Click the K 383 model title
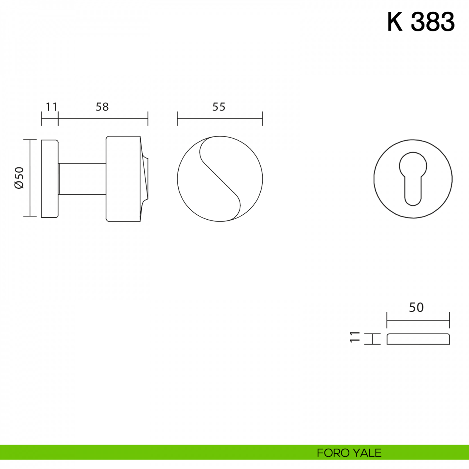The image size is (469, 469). point(421,22)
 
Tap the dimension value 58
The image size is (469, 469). point(102,107)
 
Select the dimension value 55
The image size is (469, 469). point(219,107)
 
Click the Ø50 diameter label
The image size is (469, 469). point(19,178)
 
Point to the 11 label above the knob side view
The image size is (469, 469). point(51,107)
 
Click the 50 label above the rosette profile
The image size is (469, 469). point(416,308)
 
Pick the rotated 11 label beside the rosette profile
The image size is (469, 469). point(355,337)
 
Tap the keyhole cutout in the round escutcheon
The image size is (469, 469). point(413,179)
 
